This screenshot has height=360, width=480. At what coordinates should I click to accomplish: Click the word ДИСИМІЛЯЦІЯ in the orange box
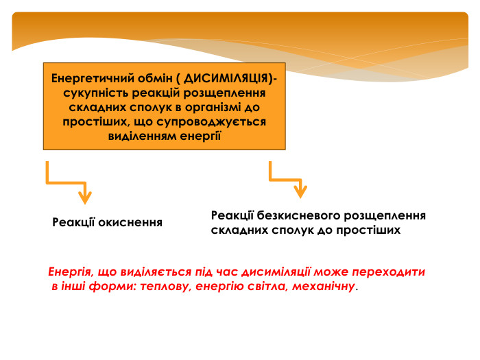point(226,79)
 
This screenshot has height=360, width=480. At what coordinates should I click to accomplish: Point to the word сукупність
point(96,93)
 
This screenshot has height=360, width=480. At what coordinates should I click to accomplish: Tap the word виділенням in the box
point(142,136)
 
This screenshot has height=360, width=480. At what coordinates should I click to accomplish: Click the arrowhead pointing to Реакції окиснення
point(85,197)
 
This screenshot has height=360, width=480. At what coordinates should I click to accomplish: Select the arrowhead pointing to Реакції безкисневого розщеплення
point(300,191)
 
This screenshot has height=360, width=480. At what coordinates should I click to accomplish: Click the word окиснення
point(130,223)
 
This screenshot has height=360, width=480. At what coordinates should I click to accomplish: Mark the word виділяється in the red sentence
point(156,272)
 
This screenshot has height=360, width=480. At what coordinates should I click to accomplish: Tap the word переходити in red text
point(389,272)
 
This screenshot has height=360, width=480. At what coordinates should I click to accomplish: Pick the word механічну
point(324,287)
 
